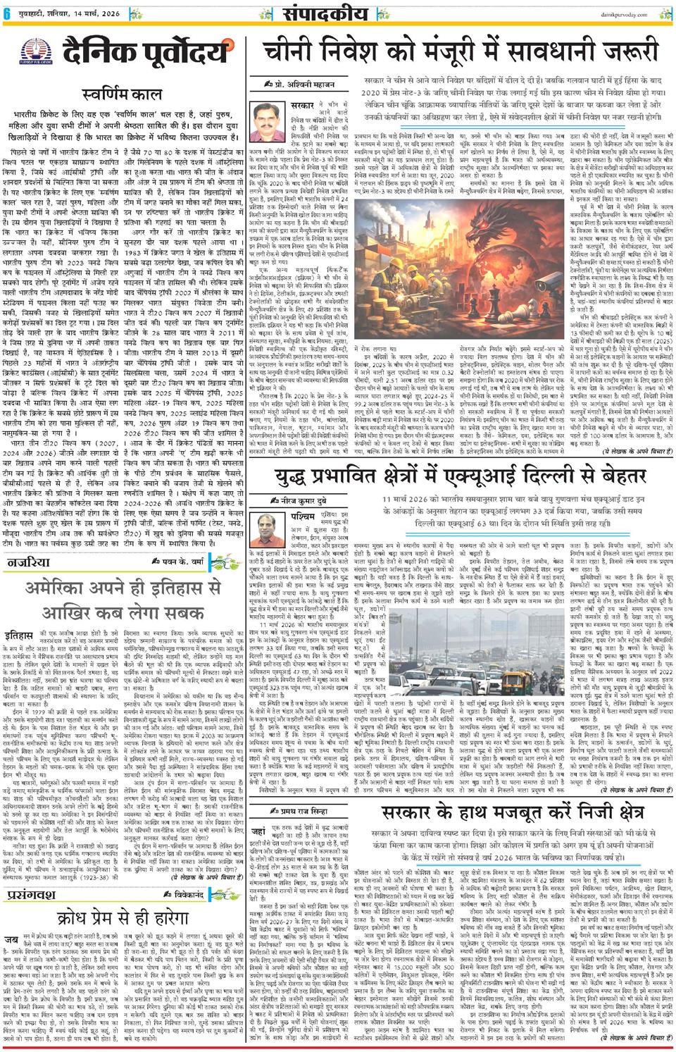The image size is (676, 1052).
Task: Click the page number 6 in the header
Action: click(x=7, y=13)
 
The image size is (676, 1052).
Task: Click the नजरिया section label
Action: click(x=30, y=562)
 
